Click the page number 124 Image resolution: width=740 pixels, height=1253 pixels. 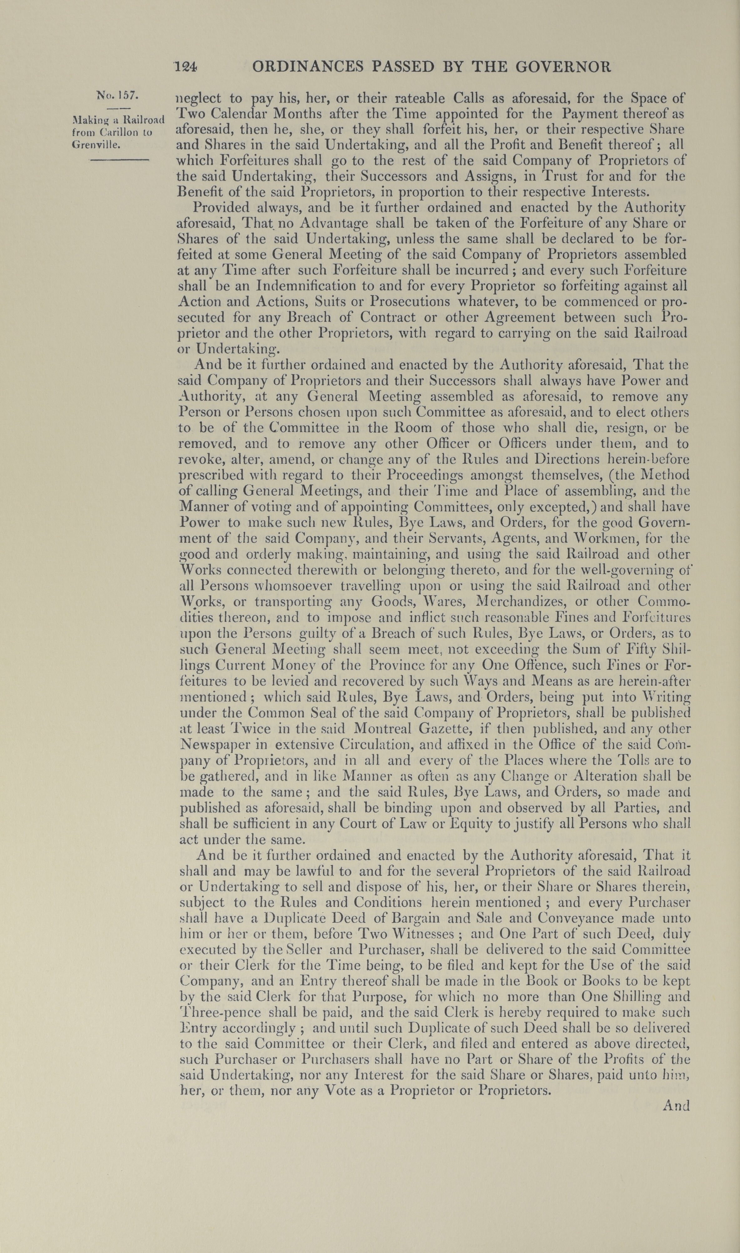tap(186, 67)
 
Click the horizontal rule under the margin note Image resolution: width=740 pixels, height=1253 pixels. tap(119, 160)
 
